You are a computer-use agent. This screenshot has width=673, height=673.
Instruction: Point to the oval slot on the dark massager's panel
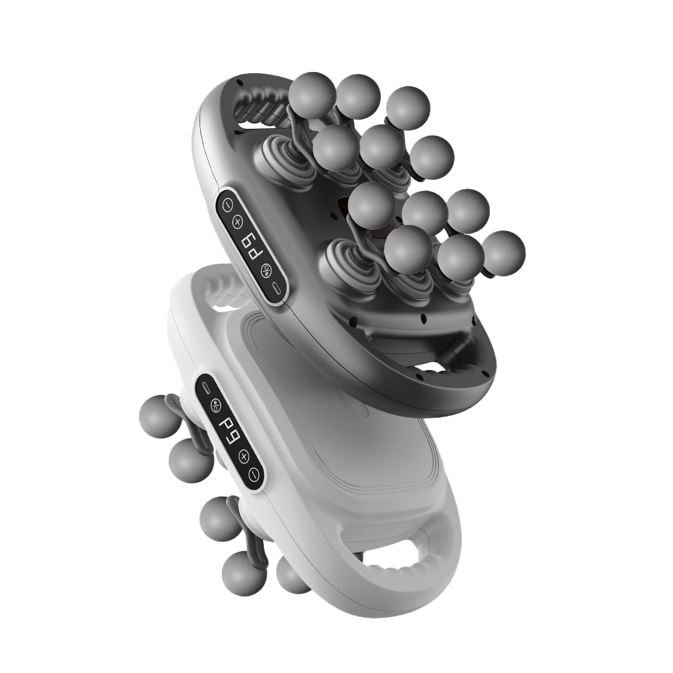coord(275,287)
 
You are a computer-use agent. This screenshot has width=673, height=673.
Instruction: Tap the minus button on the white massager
coord(255,473)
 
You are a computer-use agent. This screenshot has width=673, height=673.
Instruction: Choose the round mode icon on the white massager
coord(216,404)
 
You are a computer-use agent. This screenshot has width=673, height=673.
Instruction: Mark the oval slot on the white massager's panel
coord(206,385)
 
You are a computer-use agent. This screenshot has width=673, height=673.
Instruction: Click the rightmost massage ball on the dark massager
coord(504,253)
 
